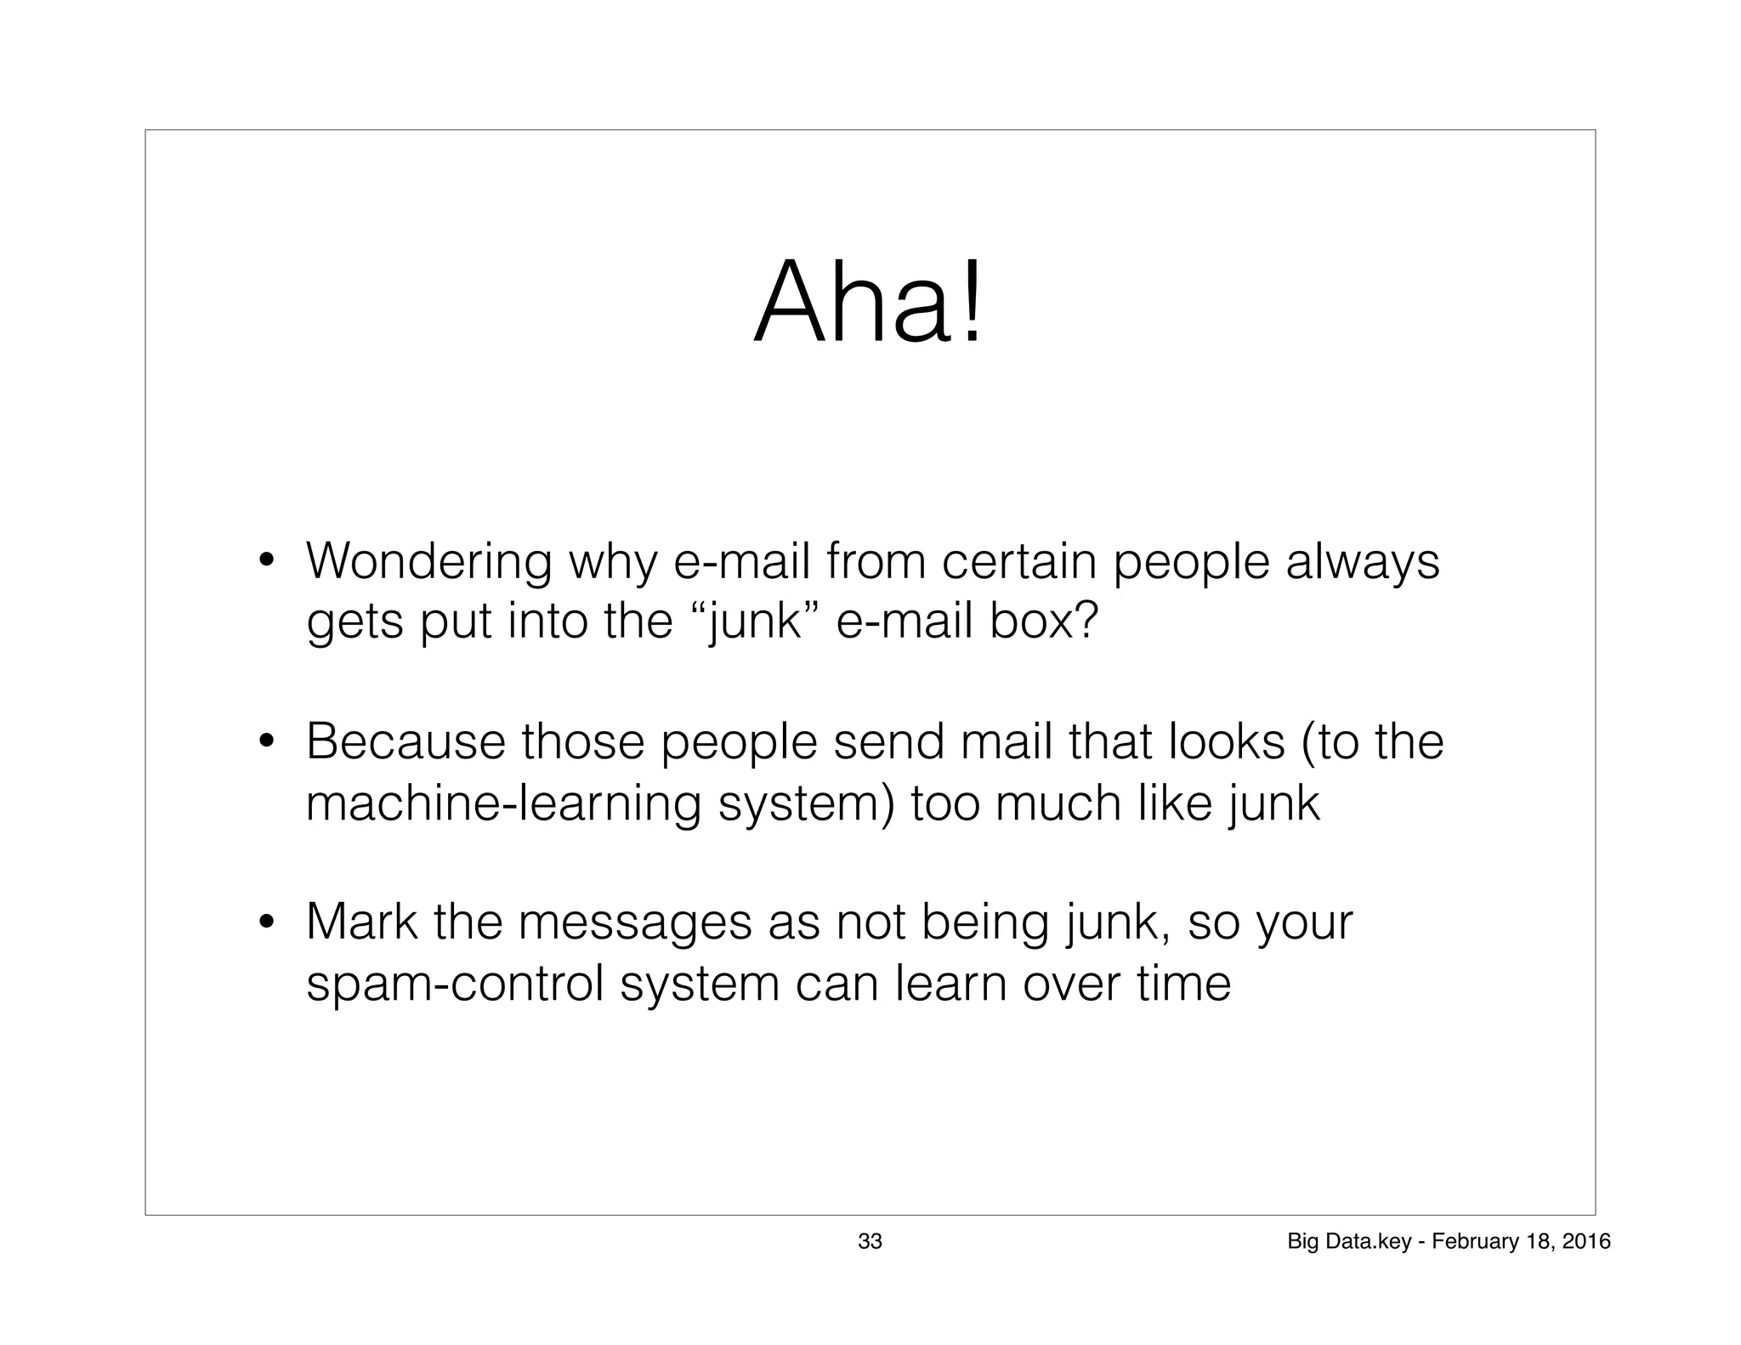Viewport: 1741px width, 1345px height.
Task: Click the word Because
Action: point(405,741)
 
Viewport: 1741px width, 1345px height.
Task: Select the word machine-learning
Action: point(502,803)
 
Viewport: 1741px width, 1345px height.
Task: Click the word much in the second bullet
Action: point(1058,803)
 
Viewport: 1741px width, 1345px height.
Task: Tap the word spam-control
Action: point(455,984)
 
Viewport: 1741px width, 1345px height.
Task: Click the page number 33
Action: point(870,1241)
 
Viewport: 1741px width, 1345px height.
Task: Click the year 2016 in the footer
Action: point(1586,1241)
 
